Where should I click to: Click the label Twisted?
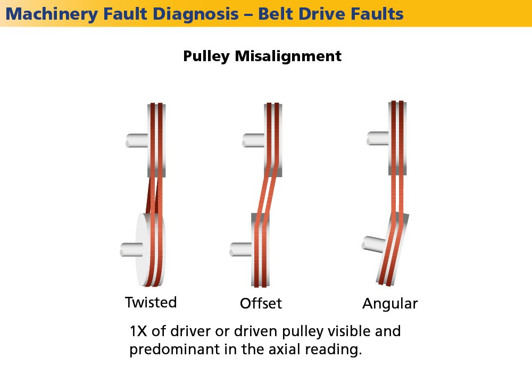[151, 303]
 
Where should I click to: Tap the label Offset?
[261, 304]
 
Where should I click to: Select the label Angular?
[390, 304]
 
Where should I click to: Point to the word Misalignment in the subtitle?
[289, 56]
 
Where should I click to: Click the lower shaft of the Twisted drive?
[131, 249]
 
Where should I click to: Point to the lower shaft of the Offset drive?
[240, 248]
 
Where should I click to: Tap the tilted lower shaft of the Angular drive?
[372, 244]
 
